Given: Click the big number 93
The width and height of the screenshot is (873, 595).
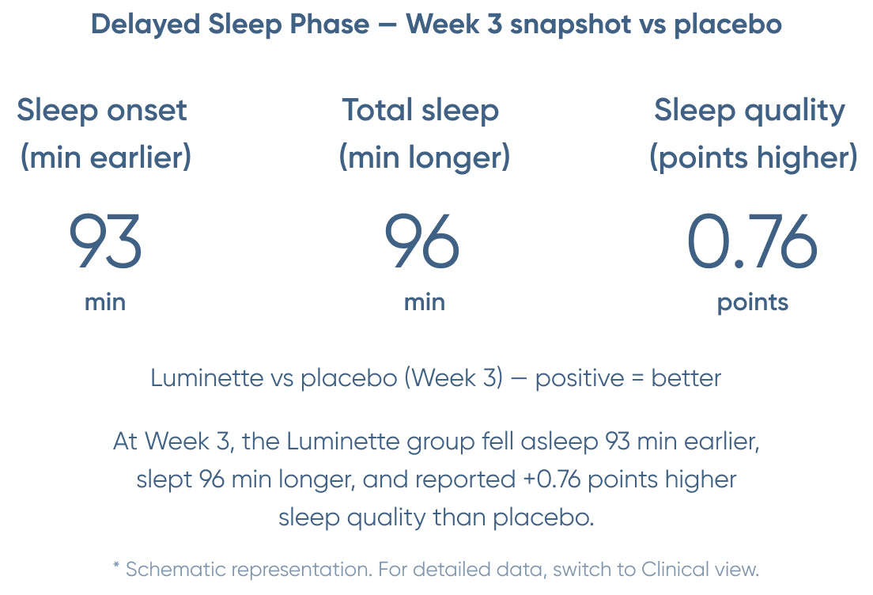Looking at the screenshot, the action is [105, 241].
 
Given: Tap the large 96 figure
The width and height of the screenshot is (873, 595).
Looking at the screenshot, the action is [422, 241].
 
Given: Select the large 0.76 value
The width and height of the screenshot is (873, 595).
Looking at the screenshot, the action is [752, 241].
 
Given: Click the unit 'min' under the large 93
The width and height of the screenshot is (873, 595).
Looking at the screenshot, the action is [105, 302].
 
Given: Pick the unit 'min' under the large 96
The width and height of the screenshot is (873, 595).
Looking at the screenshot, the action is [425, 302].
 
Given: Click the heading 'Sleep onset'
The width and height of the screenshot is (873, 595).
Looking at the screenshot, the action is [102, 111].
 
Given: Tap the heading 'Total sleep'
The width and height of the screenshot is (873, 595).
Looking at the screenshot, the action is [421, 110].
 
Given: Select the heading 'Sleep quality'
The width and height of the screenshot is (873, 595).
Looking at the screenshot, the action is [750, 111].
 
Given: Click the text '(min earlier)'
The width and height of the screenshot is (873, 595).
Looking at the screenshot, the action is [106, 157].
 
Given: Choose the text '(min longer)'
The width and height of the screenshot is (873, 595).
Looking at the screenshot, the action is [425, 157].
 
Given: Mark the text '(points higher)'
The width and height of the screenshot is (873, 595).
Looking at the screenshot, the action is [754, 157].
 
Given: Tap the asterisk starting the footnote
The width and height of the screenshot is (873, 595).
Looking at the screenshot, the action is [116, 566].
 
